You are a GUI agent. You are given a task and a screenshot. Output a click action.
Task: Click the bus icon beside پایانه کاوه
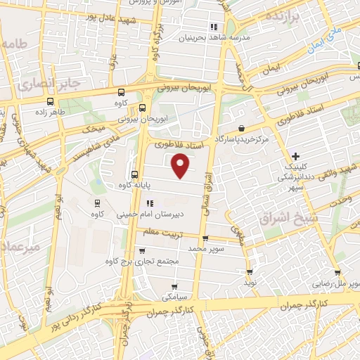134,174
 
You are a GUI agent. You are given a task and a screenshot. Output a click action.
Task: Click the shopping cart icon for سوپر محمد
205,238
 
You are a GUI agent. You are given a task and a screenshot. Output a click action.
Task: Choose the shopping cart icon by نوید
249,271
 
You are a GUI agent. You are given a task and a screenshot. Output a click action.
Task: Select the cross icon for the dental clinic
296,155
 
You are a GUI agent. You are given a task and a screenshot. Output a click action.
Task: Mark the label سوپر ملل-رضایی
339,284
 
